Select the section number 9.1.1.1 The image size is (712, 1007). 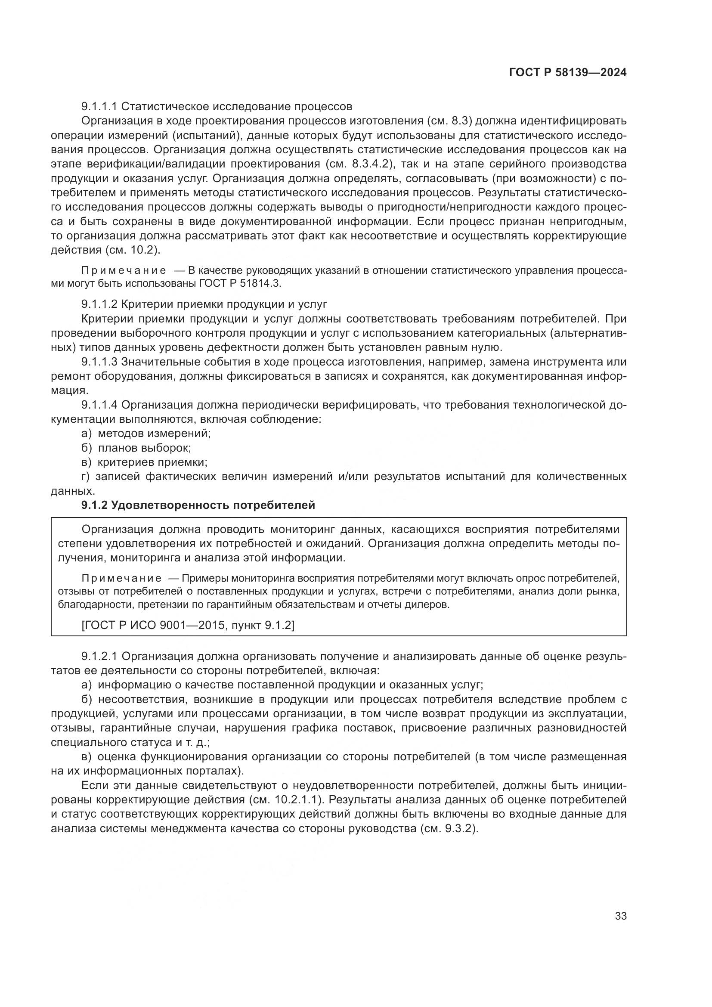coord(99,107)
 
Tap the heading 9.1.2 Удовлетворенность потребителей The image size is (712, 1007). coord(198,505)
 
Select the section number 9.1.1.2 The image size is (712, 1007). coord(99,304)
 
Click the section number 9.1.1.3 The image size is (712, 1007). coord(99,362)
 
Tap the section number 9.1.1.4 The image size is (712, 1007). coord(99,405)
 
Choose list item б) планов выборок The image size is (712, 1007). coord(136,448)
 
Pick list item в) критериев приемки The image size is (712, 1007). coord(144,462)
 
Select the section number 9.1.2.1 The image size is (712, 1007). coord(99,657)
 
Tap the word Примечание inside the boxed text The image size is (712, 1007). coord(121,579)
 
